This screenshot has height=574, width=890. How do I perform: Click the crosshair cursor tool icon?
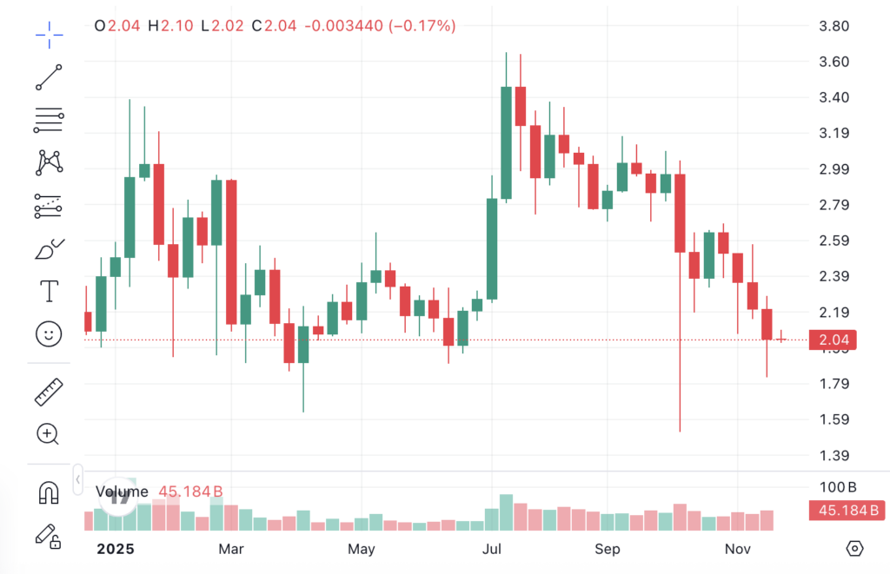click(50, 35)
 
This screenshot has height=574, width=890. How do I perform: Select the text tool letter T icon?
click(50, 291)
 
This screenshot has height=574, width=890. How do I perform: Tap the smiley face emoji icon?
click(50, 333)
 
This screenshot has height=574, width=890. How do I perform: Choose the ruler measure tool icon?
click(50, 392)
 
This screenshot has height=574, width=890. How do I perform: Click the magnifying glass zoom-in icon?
click(49, 434)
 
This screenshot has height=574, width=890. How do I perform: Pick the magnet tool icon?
click(50, 493)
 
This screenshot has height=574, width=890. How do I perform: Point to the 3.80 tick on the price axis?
click(834, 26)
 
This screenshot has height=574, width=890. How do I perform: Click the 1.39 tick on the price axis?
click(834, 456)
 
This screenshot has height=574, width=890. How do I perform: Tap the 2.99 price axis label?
click(834, 169)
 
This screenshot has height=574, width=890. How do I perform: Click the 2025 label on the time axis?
click(115, 549)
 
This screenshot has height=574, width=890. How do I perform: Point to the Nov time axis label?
click(737, 549)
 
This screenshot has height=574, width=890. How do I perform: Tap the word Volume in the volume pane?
click(122, 492)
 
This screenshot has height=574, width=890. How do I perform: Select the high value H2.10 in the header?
click(170, 26)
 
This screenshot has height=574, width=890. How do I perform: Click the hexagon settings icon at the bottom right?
click(855, 548)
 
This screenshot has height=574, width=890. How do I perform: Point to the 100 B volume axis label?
click(839, 486)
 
